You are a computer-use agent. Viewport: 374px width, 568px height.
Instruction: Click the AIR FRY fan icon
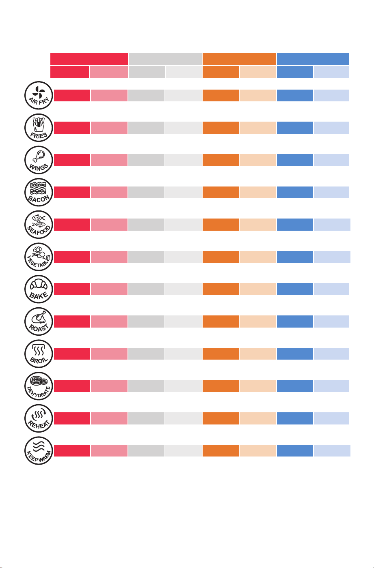(39, 95)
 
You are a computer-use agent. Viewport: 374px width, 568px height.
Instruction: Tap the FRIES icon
(39, 128)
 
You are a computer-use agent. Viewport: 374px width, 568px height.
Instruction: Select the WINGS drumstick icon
(39, 160)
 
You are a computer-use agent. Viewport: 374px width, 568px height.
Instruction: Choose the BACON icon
(39, 192)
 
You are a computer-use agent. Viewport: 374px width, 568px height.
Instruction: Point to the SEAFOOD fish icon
(39, 225)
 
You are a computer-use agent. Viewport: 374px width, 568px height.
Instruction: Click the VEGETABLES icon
(39, 257)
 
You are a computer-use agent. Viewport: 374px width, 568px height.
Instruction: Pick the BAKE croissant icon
(39, 289)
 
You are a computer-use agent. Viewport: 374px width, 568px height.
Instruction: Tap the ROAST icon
(39, 322)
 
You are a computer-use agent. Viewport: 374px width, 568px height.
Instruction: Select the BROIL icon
(39, 354)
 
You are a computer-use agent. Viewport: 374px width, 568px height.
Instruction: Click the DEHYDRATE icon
(39, 386)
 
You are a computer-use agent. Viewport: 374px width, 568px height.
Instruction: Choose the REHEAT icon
(39, 418)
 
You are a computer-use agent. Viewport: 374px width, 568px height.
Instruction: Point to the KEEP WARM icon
(39, 450)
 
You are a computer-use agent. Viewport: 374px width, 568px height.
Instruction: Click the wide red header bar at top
(89, 59)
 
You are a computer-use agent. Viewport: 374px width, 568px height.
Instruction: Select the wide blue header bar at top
(313, 59)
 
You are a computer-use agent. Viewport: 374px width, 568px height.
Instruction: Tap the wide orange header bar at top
(239, 59)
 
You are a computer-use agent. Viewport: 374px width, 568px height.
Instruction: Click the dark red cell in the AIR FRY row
(72, 95)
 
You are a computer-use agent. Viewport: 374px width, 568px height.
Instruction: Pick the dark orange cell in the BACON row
(221, 192)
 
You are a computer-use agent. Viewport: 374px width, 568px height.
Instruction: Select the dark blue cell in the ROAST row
(295, 322)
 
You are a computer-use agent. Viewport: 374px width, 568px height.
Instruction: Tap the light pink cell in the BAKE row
(109, 289)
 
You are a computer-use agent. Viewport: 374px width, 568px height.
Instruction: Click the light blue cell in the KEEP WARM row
(332, 450)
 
